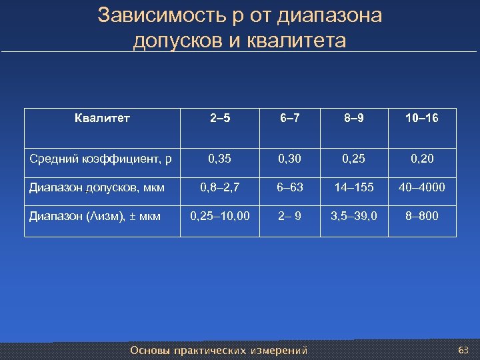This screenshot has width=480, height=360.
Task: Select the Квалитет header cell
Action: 102,119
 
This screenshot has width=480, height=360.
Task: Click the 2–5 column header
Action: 221,119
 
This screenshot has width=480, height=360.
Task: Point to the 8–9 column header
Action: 354,119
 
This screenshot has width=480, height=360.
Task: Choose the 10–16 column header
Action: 421,119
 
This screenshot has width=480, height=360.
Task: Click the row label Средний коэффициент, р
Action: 100,159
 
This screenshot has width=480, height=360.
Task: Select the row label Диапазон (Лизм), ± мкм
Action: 95,216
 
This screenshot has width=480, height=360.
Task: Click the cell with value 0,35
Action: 221,159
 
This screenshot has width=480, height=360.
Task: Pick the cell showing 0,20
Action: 421,159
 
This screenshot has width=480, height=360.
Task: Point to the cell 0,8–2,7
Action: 221,187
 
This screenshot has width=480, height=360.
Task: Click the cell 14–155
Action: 354,187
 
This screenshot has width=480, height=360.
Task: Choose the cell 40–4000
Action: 421,187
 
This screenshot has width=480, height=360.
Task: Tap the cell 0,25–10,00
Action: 221,216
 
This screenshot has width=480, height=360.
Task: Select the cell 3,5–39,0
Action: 354,216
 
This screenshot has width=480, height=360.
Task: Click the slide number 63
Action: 464,350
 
